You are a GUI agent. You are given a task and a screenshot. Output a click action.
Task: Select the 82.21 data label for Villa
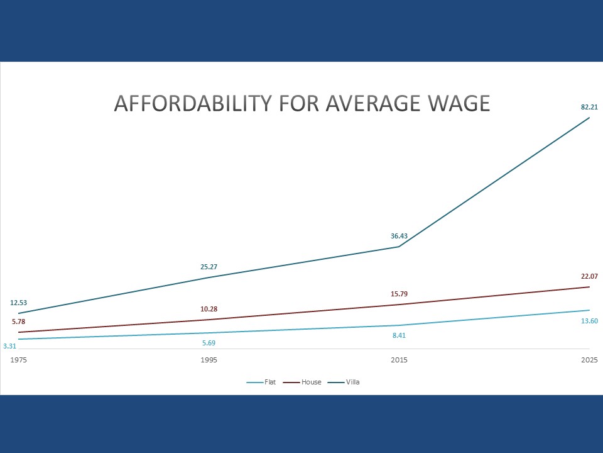click(x=589, y=107)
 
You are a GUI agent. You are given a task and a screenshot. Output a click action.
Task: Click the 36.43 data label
click(x=399, y=236)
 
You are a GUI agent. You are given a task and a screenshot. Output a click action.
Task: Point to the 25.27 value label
click(x=209, y=267)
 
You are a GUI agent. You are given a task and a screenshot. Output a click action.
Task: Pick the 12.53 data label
click(x=19, y=303)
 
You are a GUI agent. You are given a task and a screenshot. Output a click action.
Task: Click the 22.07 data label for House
click(x=589, y=276)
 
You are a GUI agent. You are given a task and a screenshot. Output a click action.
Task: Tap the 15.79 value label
click(x=399, y=294)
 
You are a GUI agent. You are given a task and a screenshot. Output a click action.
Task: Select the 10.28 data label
click(x=209, y=309)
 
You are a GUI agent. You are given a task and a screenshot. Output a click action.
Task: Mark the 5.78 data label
click(x=19, y=322)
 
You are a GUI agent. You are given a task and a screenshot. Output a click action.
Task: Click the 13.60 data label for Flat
click(x=589, y=321)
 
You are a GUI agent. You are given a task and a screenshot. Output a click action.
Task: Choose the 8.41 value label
click(x=399, y=335)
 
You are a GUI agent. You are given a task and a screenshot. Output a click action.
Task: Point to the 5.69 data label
click(x=209, y=343)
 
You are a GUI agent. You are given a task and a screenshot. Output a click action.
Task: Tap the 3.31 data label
click(x=9, y=346)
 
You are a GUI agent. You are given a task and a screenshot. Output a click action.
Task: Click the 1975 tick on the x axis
click(x=19, y=361)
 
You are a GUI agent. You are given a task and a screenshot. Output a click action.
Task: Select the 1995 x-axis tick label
click(x=209, y=361)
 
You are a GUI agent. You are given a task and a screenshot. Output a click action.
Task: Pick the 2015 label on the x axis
click(x=399, y=361)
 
